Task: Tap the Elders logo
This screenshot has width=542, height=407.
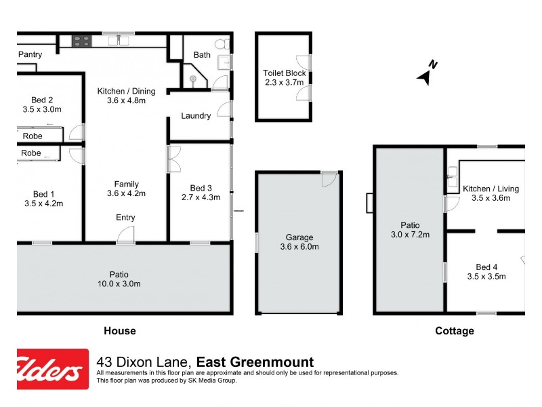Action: click(53, 369)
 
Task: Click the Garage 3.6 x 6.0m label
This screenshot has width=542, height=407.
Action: click(299, 242)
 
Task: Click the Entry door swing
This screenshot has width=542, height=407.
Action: click(125, 235)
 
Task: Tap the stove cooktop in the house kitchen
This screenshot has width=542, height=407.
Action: click(82, 41)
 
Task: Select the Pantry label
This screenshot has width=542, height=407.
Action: click(30, 55)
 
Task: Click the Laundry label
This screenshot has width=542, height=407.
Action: click(196, 116)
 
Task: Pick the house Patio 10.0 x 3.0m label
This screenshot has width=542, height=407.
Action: click(119, 279)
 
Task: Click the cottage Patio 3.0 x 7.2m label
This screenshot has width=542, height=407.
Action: click(410, 230)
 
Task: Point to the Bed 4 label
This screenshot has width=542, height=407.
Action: click(486, 271)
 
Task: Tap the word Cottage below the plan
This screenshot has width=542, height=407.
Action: click(453, 332)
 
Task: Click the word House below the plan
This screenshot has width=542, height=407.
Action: click(119, 332)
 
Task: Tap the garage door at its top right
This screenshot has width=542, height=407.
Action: click(329, 178)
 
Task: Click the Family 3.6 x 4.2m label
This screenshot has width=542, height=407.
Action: click(127, 189)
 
